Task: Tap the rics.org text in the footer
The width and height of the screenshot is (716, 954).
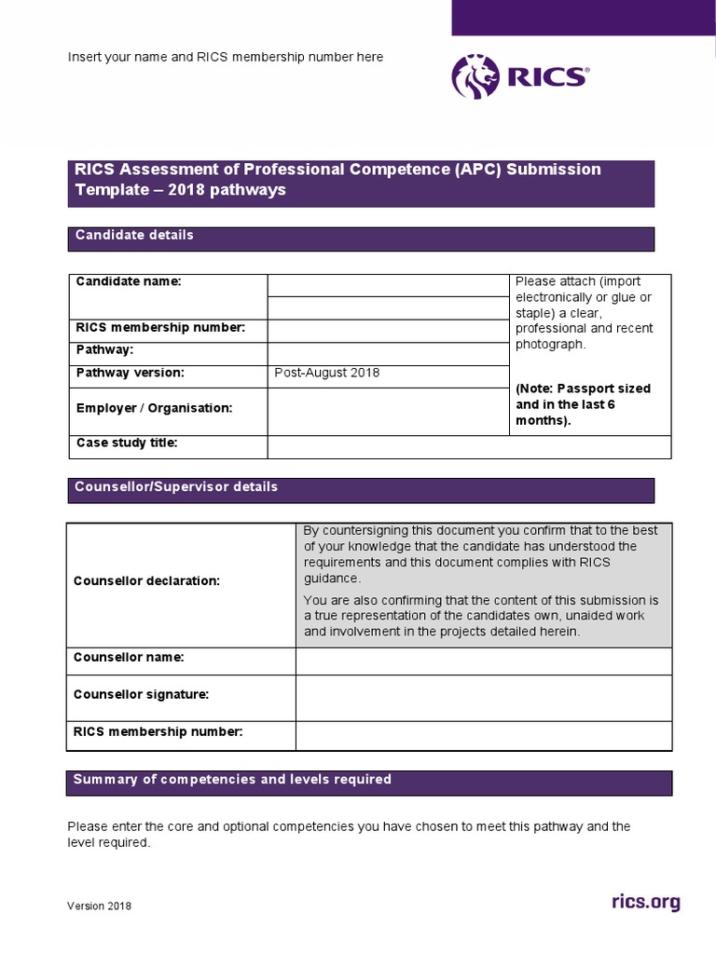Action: pyautogui.click(x=645, y=902)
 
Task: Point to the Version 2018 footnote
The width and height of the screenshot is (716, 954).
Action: pyautogui.click(x=99, y=906)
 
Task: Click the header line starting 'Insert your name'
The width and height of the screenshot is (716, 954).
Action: pyautogui.click(x=225, y=57)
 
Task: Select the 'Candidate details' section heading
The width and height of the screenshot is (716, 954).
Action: pyautogui.click(x=134, y=236)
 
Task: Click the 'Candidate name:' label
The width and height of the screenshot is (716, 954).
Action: pyautogui.click(x=129, y=281)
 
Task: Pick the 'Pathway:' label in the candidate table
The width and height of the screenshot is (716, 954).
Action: pyautogui.click(x=104, y=350)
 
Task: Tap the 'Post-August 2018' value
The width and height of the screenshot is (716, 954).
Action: pyautogui.click(x=327, y=374)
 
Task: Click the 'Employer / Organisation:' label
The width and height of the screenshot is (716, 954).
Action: pyautogui.click(x=154, y=408)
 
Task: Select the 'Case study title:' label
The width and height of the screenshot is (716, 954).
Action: pyautogui.click(x=126, y=443)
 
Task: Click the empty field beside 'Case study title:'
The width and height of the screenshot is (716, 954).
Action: pyautogui.click(x=468, y=447)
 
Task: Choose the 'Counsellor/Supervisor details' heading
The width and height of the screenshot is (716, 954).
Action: pyautogui.click(x=176, y=487)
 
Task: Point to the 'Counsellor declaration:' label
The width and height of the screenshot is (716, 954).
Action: pyautogui.click(x=146, y=581)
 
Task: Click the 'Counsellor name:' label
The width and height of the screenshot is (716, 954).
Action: pyautogui.click(x=129, y=658)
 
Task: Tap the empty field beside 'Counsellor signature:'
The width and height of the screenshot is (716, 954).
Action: pyautogui.click(x=483, y=698)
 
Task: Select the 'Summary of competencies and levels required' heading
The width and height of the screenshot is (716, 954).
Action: pyautogui.click(x=232, y=780)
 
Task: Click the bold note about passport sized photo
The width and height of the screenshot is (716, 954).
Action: pyautogui.click(x=583, y=404)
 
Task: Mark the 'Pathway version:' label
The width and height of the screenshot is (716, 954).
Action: pyautogui.click(x=130, y=374)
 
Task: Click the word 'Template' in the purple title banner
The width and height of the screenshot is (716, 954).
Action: pyautogui.click(x=107, y=190)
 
